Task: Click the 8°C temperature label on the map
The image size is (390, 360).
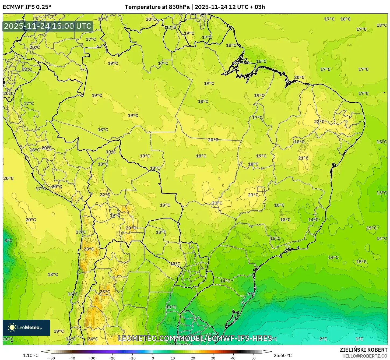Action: (8, 241)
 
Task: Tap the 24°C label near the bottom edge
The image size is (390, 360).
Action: (93, 339)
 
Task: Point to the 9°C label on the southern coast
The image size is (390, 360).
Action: (251, 294)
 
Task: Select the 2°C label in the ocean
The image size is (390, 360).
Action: (323, 339)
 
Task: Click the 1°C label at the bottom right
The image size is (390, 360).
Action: (359, 339)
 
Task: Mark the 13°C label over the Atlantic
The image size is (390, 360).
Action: (381, 193)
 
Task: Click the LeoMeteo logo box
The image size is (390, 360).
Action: (26, 327)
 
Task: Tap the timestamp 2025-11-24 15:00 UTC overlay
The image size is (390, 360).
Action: (48, 26)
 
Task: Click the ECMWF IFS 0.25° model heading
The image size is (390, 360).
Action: (27, 7)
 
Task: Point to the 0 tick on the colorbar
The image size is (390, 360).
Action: (153, 358)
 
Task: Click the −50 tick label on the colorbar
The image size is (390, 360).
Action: (52, 358)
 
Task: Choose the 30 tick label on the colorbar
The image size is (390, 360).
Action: (213, 358)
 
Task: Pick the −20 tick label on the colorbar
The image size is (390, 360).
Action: (112, 358)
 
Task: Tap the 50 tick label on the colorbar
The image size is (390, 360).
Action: (254, 358)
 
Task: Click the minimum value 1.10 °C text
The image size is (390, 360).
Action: (31, 355)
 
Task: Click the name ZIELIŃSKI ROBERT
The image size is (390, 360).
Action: (364, 350)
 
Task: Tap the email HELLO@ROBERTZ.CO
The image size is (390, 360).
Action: (365, 356)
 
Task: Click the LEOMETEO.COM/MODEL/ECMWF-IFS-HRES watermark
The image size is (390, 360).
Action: (195, 338)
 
